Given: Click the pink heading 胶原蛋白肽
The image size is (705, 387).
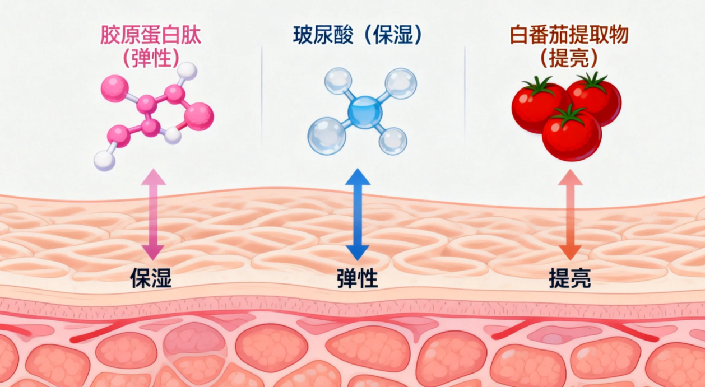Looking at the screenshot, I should [x=150, y=35].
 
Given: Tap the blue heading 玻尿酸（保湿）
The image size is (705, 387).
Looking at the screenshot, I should [x=357, y=35].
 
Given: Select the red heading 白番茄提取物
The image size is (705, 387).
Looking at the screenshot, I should [x=569, y=35].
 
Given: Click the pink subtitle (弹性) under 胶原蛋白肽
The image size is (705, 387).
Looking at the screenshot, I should [x=150, y=57].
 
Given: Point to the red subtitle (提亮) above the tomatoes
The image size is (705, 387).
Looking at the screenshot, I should [x=569, y=57].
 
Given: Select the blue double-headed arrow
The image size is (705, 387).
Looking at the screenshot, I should [x=358, y=215].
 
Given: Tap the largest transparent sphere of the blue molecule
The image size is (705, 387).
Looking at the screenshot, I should [x=327, y=134].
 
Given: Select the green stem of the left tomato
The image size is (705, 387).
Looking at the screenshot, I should [x=539, y=86].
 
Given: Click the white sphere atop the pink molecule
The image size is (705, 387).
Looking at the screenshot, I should [x=187, y=71].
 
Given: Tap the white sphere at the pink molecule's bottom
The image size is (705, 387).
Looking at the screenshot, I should [x=104, y=160].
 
